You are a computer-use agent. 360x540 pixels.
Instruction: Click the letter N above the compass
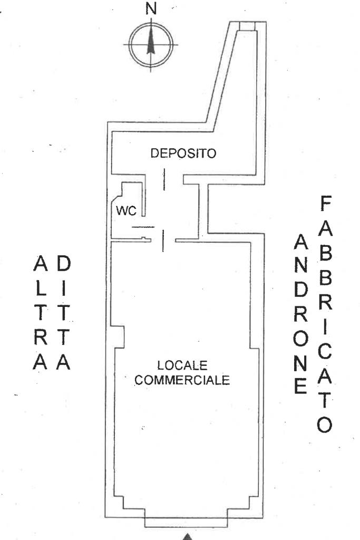(151, 8)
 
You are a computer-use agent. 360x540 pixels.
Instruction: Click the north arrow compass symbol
(151, 45)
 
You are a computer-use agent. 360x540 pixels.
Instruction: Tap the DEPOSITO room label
(183, 153)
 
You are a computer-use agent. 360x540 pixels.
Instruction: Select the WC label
(127, 210)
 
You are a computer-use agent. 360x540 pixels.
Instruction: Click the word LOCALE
(182, 365)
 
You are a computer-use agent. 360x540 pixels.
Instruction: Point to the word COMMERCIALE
(182, 380)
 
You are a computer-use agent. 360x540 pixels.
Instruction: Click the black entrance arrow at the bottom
(187, 536)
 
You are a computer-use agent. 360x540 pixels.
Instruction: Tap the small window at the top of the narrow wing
(247, 26)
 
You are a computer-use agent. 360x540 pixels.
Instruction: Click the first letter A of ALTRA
(40, 264)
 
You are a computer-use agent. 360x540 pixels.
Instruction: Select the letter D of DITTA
(63, 264)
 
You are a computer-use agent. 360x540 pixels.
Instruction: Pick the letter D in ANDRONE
(301, 291)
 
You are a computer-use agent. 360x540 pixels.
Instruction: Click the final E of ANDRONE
(300, 386)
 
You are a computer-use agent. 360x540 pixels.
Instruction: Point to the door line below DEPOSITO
(164, 179)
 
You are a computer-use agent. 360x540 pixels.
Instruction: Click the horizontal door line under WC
(143, 227)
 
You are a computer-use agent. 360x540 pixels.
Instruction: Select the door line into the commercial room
(163, 241)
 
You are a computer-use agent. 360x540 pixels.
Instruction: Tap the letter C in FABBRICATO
(325, 351)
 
